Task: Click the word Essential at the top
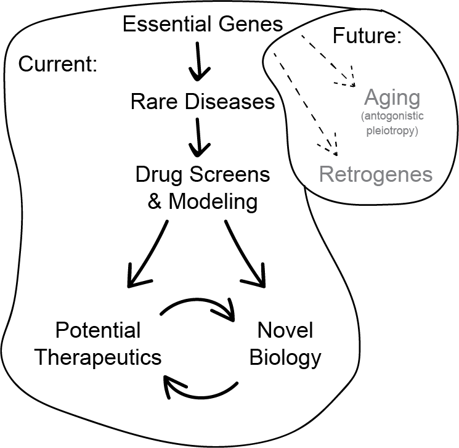167,23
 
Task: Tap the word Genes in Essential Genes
251,24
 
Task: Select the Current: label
58,64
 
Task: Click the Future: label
367,35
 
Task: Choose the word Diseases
230,102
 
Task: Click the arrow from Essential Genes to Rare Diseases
199,61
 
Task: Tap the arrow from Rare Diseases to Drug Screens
199,137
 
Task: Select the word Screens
230,174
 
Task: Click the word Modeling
213,202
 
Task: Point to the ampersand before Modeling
154,202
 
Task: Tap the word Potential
98,330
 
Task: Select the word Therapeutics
98,357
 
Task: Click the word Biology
285,357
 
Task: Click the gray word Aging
392,98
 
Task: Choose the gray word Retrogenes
376,174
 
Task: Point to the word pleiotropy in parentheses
392,130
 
